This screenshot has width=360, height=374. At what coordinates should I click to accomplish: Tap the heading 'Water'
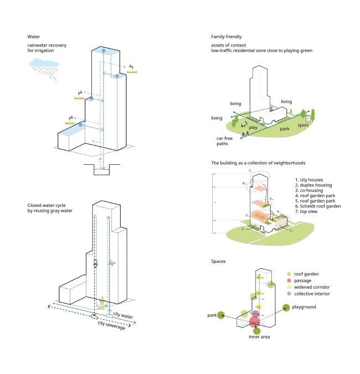[34, 37]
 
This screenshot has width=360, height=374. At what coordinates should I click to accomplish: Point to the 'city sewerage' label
[111, 324]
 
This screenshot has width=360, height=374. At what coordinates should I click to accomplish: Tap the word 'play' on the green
[254, 127]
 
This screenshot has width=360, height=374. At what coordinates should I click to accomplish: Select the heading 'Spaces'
[219, 261]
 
